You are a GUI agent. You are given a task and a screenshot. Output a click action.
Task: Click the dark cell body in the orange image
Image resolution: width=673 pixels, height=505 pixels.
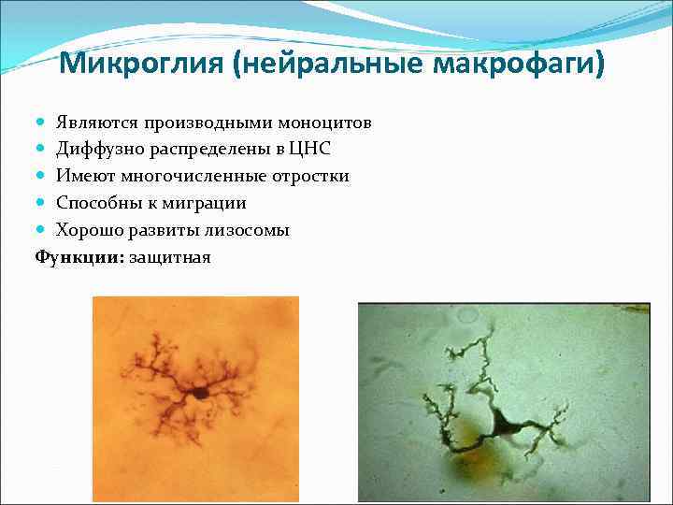[x=201, y=394]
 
